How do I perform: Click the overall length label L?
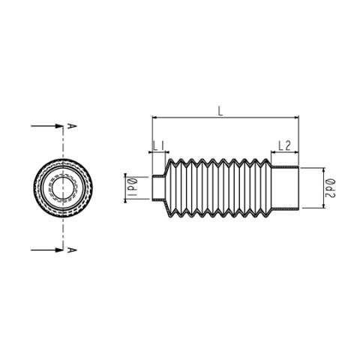point(219,110)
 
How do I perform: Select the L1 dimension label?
point(158,145)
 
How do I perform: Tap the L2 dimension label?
point(284,145)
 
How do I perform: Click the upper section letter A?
point(70,126)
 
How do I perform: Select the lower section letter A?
point(70,247)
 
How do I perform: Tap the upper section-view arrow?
point(43,126)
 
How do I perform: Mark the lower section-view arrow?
point(43,247)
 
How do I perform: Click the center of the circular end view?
point(63,187)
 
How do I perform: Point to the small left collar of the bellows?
point(158,187)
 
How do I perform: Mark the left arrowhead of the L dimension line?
point(155,118)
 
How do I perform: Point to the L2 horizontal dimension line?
point(284,153)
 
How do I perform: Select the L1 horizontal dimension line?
point(158,153)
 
